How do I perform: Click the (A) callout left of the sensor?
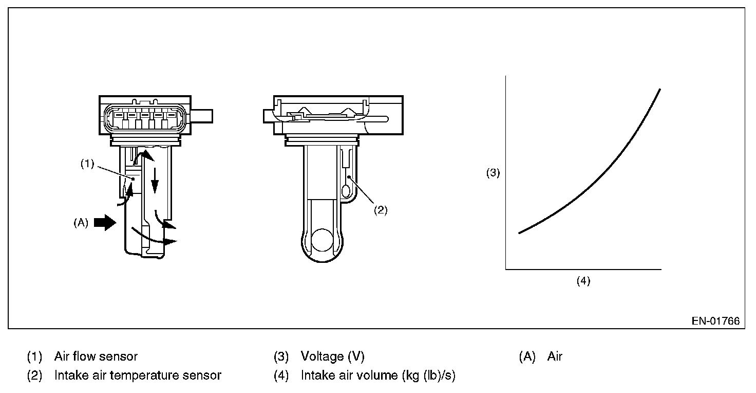81,223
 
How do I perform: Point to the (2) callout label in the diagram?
380,210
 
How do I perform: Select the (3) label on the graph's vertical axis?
493,173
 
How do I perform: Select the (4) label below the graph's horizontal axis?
583,281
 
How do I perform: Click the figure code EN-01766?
715,321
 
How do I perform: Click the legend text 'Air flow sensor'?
96,356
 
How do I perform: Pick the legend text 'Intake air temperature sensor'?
138,376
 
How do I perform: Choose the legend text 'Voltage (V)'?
332,356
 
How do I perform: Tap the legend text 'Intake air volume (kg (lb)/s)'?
378,376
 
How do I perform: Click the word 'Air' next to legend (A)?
555,356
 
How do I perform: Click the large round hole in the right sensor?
324,240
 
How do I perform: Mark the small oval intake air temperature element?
345,192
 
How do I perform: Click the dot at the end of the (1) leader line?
133,178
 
